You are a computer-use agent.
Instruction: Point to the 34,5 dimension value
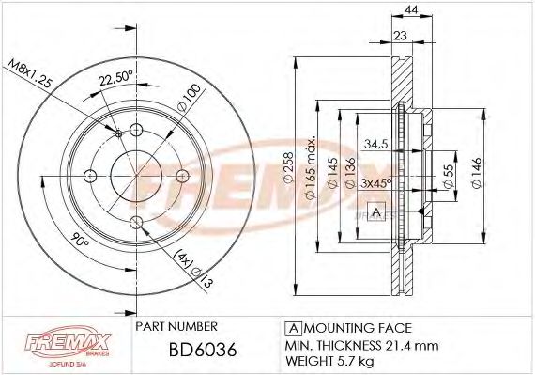click(376, 145)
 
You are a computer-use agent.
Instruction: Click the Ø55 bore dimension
click(451, 174)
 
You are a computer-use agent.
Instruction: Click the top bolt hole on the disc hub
click(136, 131)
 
